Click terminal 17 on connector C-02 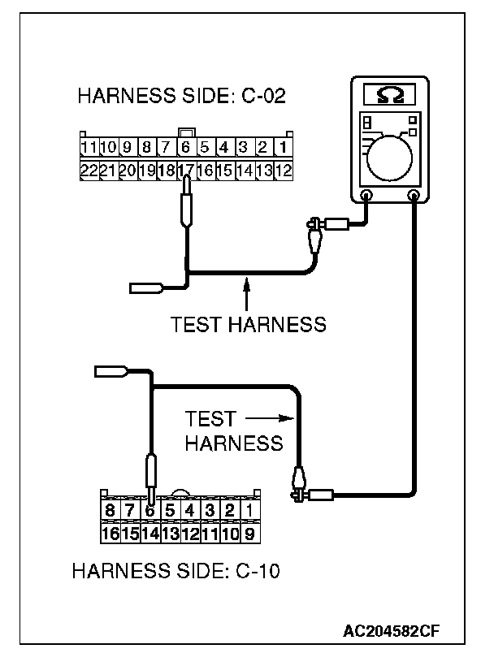[186, 171]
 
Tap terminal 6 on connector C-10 [149, 510]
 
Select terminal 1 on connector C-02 [281, 149]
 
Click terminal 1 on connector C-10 [250, 510]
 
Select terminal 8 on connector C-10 [110, 510]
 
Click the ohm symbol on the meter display [388, 96]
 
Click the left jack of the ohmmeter [366, 195]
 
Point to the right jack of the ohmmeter [414, 195]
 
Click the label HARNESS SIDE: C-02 [181, 97]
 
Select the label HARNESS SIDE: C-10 [175, 570]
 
